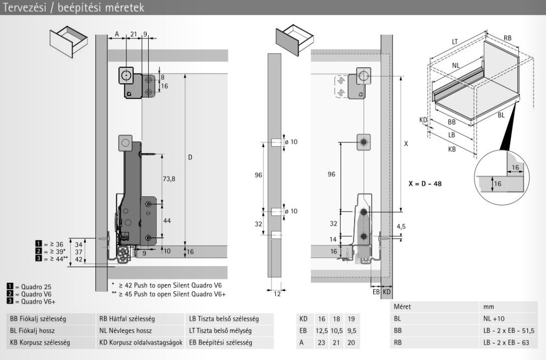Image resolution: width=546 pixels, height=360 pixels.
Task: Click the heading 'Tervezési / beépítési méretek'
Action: (72, 7)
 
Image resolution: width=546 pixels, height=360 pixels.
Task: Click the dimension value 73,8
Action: (168, 179)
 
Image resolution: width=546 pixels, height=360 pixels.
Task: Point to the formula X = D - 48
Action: (424, 184)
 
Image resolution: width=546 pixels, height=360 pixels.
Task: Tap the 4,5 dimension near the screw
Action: (401, 227)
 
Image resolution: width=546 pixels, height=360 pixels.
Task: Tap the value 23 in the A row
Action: (322, 343)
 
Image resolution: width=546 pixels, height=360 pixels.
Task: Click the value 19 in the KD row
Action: (350, 319)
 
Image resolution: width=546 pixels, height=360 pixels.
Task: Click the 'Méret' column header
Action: (402, 307)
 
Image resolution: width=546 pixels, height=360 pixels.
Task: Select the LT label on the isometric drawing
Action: (455, 41)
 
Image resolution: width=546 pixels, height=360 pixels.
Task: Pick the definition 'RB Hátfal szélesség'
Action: (126, 319)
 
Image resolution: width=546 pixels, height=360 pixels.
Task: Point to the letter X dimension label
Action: (406, 144)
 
